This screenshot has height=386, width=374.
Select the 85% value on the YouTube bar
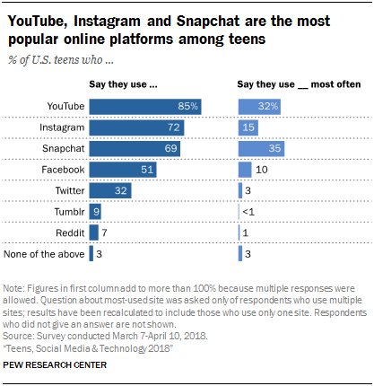coord(187,107)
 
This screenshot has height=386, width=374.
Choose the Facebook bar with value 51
coord(123,169)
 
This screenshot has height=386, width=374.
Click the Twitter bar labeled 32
coord(109,190)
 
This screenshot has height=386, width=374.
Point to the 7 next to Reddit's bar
coord(104,232)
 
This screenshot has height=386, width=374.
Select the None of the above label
coord(46,254)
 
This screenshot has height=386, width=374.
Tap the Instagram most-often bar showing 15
coord(248,127)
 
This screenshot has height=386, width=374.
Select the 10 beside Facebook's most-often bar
coord(261,169)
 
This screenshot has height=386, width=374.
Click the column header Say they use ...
coord(124,84)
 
